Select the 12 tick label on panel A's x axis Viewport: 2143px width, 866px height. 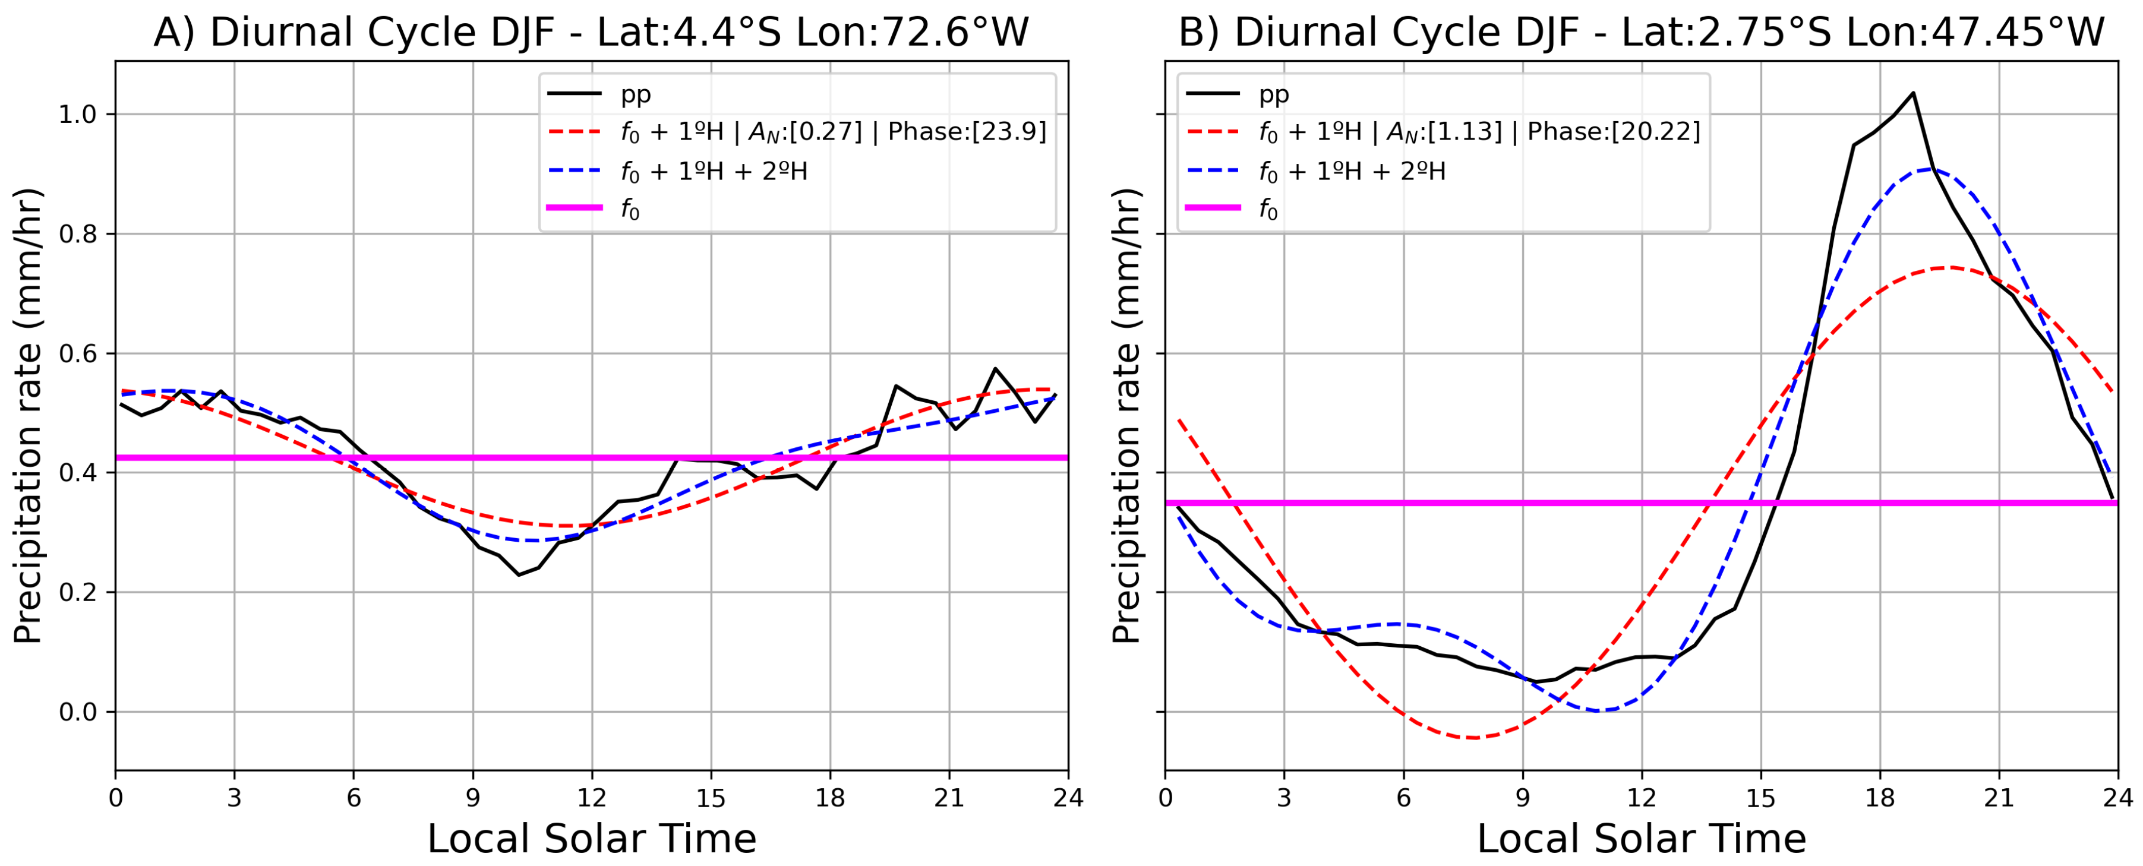point(592,799)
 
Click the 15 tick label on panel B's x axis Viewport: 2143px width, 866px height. point(1760,799)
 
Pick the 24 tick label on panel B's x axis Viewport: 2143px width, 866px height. point(2117,799)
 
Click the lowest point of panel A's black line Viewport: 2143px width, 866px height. point(519,575)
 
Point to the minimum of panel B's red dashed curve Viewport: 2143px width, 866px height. point(1473,738)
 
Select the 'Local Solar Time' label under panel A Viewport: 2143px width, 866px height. point(592,839)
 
